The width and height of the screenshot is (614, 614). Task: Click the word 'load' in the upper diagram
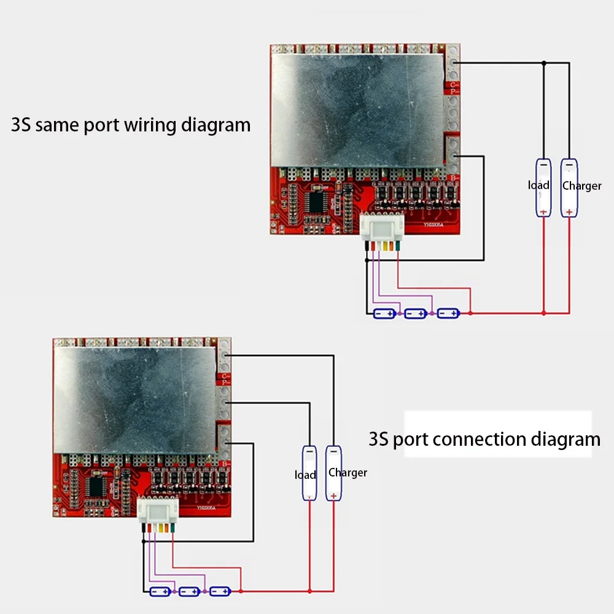point(538,185)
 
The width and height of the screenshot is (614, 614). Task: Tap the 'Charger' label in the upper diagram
point(581,186)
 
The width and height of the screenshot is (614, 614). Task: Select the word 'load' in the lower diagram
point(305,475)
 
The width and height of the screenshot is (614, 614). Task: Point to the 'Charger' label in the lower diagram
point(348,473)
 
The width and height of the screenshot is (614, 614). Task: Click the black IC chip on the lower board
point(96,486)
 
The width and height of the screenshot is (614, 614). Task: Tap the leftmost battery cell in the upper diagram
point(385,314)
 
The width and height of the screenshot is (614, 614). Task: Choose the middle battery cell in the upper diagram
point(416,314)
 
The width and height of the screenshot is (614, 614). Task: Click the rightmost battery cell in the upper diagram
point(448,314)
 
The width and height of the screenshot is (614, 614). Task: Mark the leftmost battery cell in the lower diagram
point(160,592)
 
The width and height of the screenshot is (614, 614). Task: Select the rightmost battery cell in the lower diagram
point(220,592)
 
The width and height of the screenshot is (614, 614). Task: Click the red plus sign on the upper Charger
point(569,212)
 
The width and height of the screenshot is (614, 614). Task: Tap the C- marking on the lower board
point(226,376)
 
